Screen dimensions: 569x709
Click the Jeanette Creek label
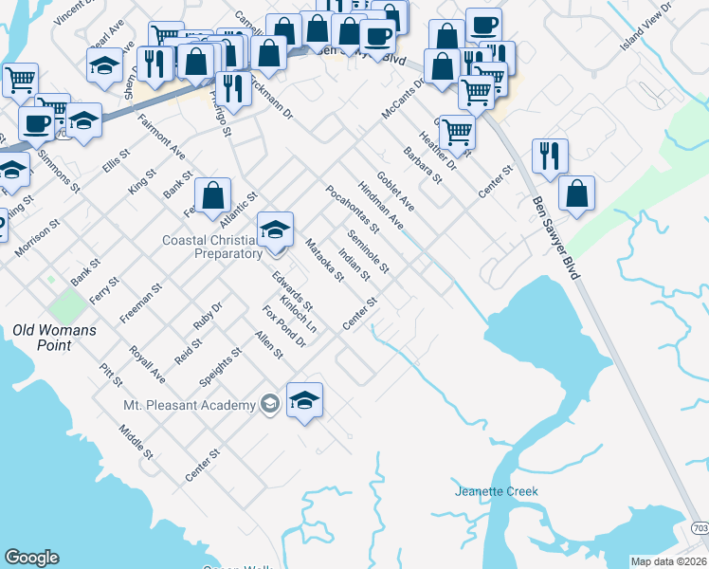496,491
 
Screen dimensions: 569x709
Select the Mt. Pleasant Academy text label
190,405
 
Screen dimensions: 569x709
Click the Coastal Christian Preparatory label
212,247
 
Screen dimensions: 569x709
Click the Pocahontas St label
353,210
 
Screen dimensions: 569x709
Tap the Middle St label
136,442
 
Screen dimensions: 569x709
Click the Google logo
31,558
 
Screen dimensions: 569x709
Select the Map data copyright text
668,561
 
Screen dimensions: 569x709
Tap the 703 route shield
699,527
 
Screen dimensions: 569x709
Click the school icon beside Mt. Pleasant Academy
304,400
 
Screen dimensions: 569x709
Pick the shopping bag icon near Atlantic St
213,196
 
